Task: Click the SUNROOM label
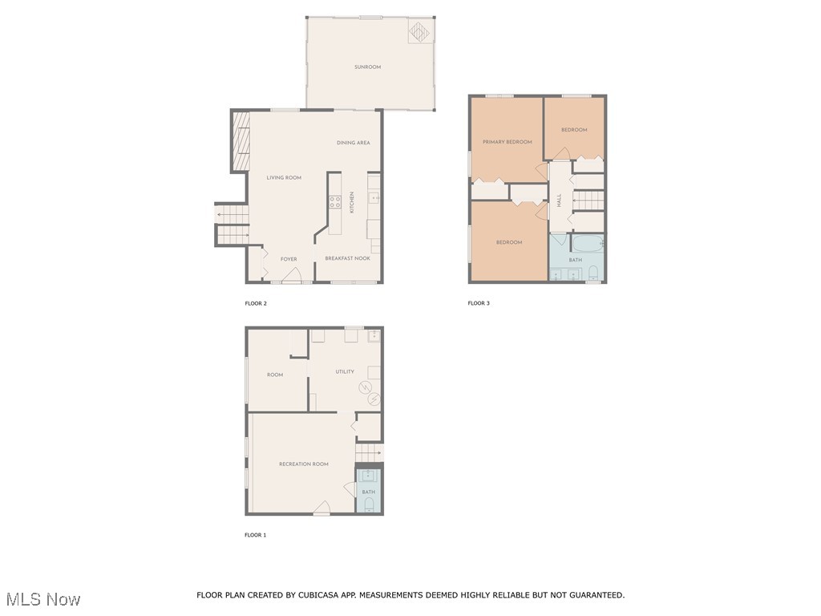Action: click(x=367, y=67)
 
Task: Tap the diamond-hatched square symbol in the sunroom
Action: click(x=420, y=31)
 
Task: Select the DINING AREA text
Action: click(x=353, y=143)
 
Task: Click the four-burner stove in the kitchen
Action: click(x=334, y=201)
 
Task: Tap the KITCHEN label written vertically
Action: click(x=351, y=202)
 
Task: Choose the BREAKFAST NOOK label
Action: click(x=347, y=258)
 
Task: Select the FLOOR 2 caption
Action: click(x=255, y=303)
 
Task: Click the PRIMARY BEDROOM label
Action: click(x=507, y=142)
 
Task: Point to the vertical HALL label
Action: click(x=559, y=201)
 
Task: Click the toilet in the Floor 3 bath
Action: click(x=593, y=273)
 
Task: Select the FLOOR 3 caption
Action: click(x=479, y=303)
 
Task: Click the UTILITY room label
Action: click(x=345, y=371)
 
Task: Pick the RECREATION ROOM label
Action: click(x=303, y=464)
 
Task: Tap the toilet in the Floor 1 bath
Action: click(x=369, y=505)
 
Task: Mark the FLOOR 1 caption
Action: click(x=255, y=535)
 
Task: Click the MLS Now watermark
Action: click(x=43, y=599)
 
